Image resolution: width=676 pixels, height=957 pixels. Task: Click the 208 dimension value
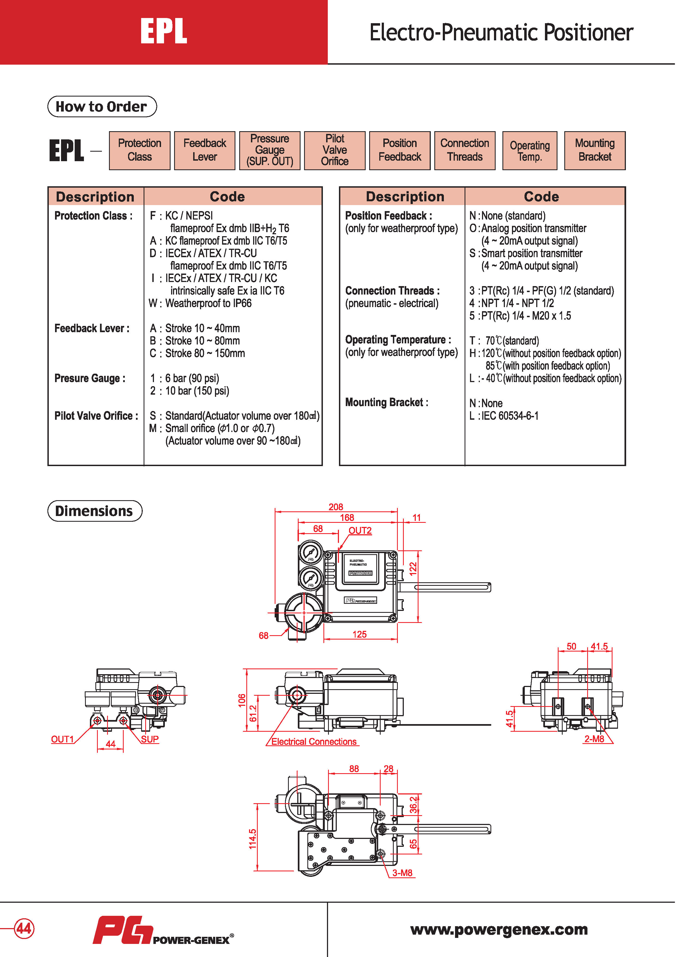[x=336, y=507]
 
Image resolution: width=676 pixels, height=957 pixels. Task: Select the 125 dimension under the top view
[x=359, y=634]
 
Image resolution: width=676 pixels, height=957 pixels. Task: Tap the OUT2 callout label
[x=360, y=531]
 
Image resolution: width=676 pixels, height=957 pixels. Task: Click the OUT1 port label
[x=62, y=739]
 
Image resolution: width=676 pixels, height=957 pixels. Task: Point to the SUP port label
[x=150, y=739]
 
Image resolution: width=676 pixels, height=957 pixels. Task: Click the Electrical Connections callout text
[x=314, y=742]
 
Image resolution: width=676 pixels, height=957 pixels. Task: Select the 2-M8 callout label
[x=594, y=739]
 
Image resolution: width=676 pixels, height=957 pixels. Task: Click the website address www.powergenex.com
[x=499, y=929]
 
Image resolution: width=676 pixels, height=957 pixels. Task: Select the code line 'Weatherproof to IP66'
[x=208, y=304]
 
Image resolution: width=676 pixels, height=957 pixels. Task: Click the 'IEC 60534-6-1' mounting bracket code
[x=510, y=416]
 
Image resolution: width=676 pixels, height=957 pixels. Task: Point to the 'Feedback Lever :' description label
[x=92, y=328]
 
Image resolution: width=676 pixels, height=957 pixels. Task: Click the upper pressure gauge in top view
[x=311, y=554]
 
